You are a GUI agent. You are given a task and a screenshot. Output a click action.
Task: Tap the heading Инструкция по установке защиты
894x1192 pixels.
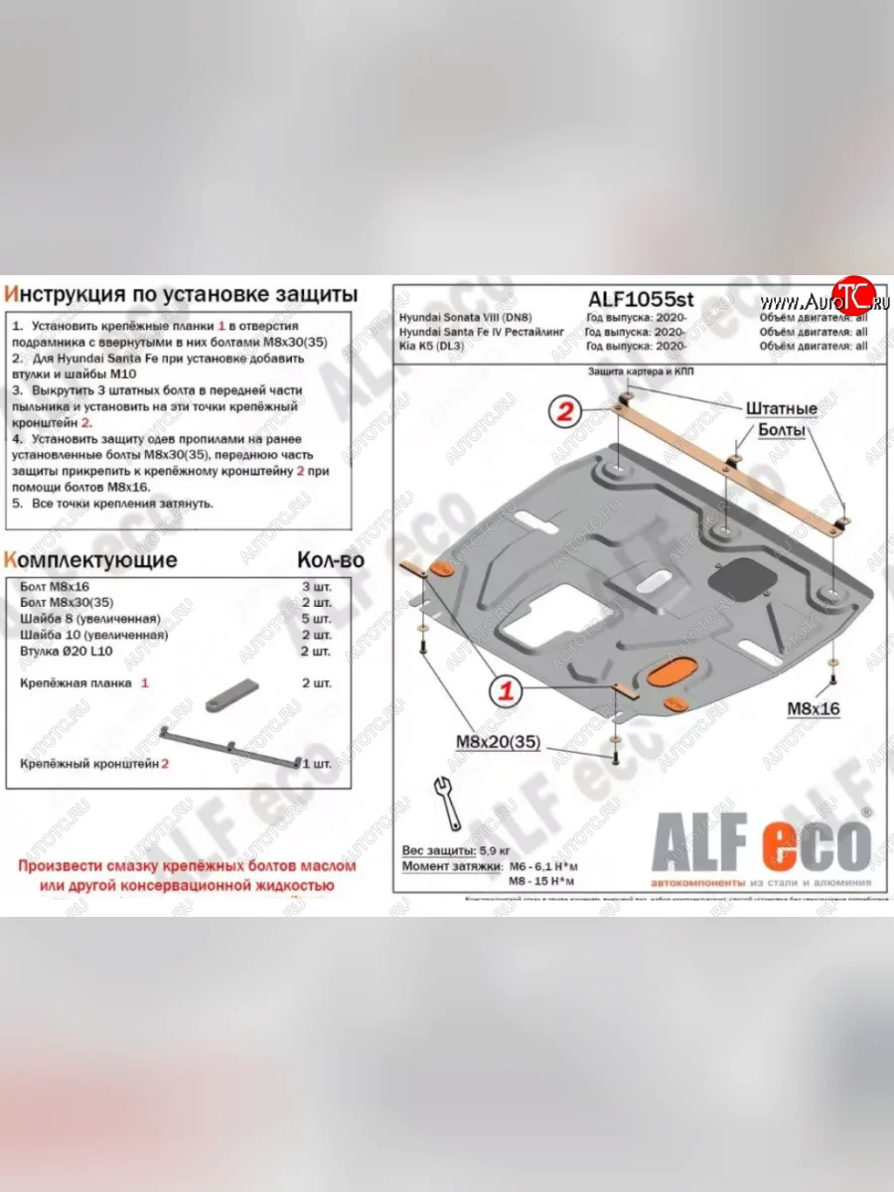[x=181, y=294]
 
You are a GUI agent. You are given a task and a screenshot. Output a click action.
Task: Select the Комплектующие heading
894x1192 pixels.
[x=91, y=560]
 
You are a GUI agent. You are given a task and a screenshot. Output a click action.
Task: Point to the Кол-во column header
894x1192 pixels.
[x=331, y=560]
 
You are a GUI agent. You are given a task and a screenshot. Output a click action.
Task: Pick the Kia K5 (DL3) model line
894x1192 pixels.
[x=434, y=346]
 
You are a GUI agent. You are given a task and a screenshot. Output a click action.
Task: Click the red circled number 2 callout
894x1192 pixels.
[x=565, y=412]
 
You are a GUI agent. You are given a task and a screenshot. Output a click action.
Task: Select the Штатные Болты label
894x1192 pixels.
[x=782, y=419]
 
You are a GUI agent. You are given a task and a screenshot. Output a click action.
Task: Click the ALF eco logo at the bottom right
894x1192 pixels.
[x=760, y=841]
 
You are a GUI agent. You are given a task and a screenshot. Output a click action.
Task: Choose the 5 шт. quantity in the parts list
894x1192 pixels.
[x=316, y=619]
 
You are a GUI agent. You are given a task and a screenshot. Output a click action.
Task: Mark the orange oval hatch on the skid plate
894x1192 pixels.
[x=671, y=671]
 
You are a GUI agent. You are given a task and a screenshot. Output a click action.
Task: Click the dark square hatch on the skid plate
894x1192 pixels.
[x=741, y=576]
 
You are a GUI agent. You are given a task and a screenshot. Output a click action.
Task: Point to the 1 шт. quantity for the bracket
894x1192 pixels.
[x=316, y=763]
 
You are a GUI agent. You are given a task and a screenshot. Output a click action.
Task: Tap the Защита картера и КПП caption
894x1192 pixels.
[x=641, y=371]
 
